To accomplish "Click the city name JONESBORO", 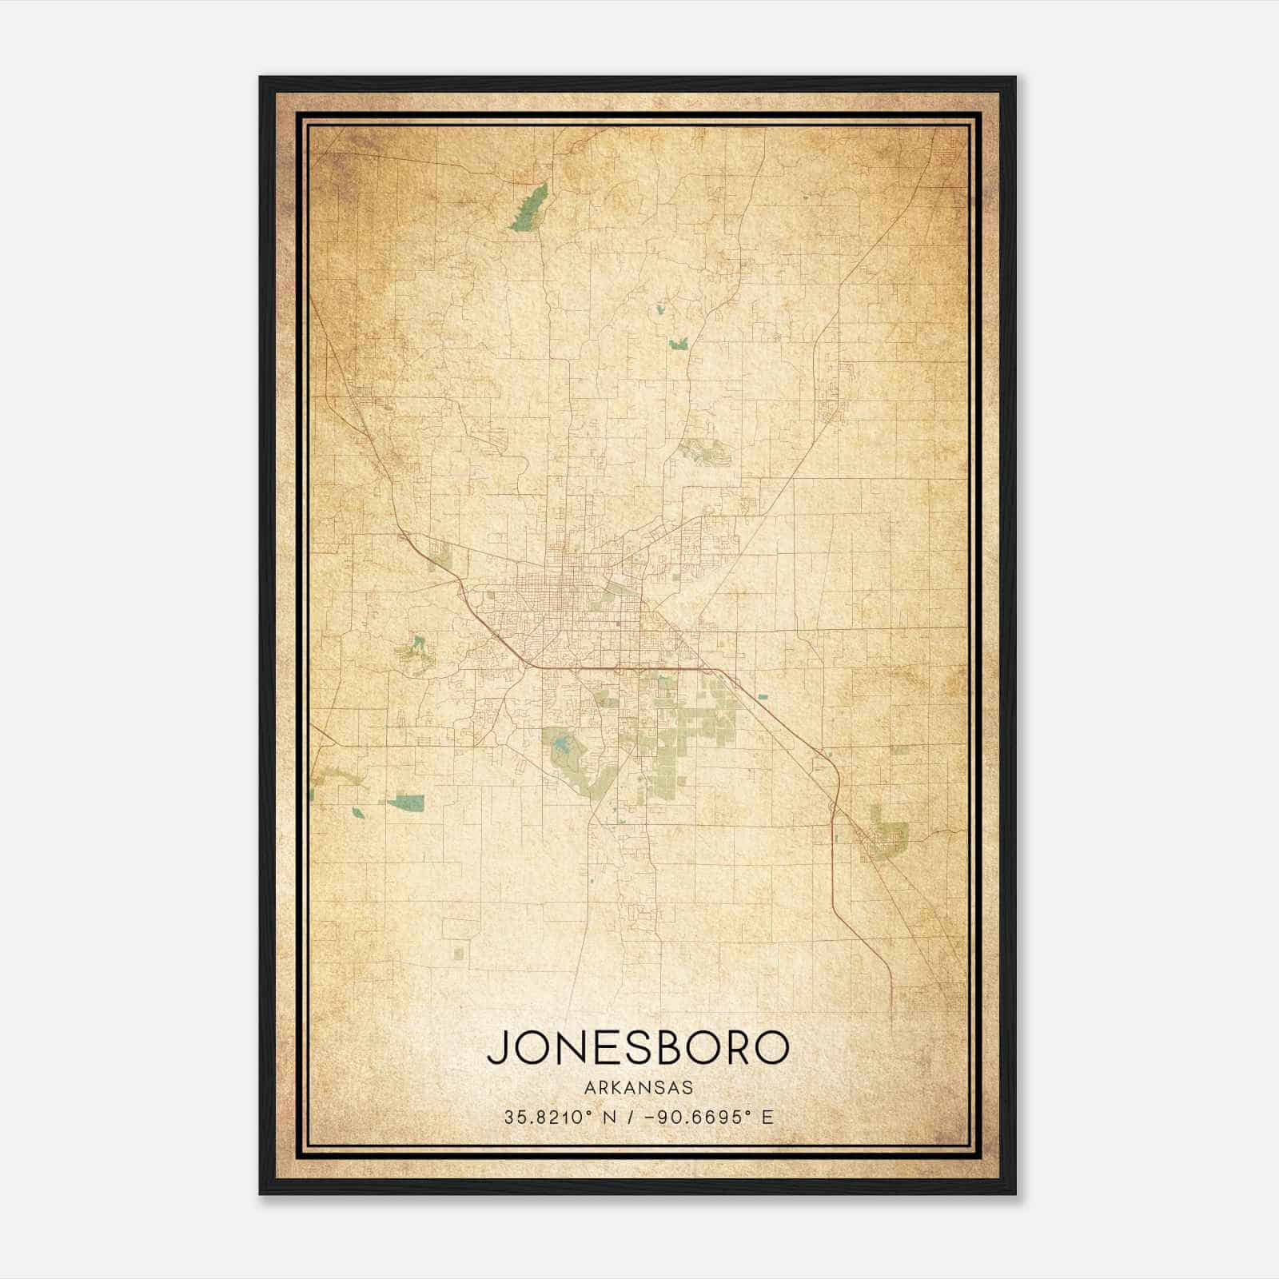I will [x=638, y=1047].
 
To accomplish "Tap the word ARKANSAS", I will [x=638, y=1088].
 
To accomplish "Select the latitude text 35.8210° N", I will [x=559, y=1117].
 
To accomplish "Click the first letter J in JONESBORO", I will [x=496, y=1047].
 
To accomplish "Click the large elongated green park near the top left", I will [x=529, y=207].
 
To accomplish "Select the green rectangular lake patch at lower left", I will [x=406, y=802].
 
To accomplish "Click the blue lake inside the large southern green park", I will [x=564, y=747].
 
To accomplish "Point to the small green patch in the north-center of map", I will [x=679, y=344].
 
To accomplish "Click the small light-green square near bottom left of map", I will [x=458, y=952].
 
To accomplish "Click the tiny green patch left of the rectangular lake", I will [x=357, y=813].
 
